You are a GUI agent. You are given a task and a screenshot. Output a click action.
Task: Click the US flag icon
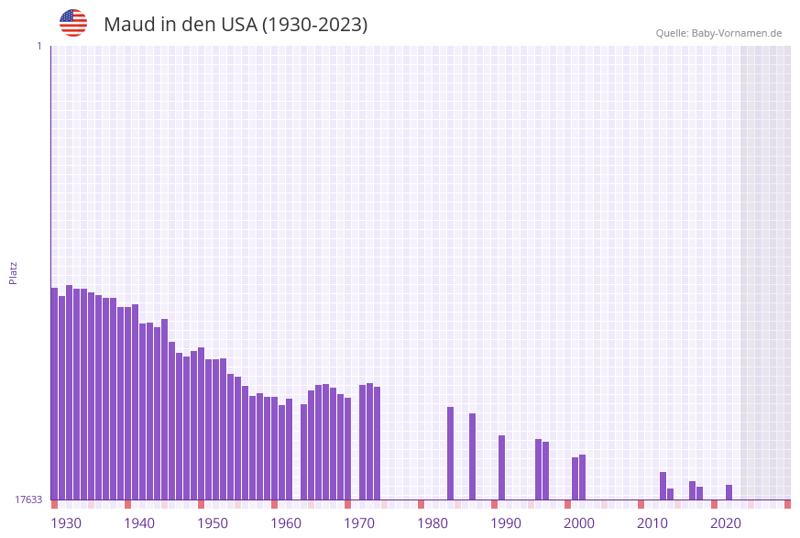click(x=73, y=23)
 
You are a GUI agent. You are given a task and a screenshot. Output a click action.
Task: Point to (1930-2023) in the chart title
click(x=314, y=25)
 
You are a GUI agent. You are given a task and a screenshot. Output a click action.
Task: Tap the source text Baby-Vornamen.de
click(x=736, y=33)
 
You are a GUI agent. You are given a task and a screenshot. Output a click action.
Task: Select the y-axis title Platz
click(x=13, y=272)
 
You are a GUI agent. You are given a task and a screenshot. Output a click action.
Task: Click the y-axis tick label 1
click(x=38, y=46)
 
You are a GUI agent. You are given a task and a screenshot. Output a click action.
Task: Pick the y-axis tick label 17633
click(x=28, y=500)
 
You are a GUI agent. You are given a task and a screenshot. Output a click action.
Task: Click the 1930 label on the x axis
click(x=66, y=523)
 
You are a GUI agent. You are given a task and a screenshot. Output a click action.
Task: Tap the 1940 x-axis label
click(x=139, y=523)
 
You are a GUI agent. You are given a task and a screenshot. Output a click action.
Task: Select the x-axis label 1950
click(x=213, y=523)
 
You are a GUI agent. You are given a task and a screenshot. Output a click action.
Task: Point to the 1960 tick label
click(x=286, y=523)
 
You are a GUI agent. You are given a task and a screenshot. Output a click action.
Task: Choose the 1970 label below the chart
click(x=359, y=523)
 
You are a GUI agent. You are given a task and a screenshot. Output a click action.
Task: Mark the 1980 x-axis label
click(x=433, y=523)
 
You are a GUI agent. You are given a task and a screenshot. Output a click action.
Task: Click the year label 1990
click(x=506, y=523)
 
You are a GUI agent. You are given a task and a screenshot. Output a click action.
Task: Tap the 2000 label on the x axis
click(x=579, y=523)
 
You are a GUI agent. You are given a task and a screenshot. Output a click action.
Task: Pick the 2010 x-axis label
click(x=652, y=523)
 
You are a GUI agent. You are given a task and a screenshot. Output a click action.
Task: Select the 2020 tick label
click(x=726, y=523)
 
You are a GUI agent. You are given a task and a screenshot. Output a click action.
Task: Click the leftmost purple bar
click(x=54, y=394)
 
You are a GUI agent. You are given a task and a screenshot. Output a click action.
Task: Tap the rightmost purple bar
click(x=729, y=492)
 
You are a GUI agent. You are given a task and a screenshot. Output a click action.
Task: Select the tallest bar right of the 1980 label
click(x=450, y=454)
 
